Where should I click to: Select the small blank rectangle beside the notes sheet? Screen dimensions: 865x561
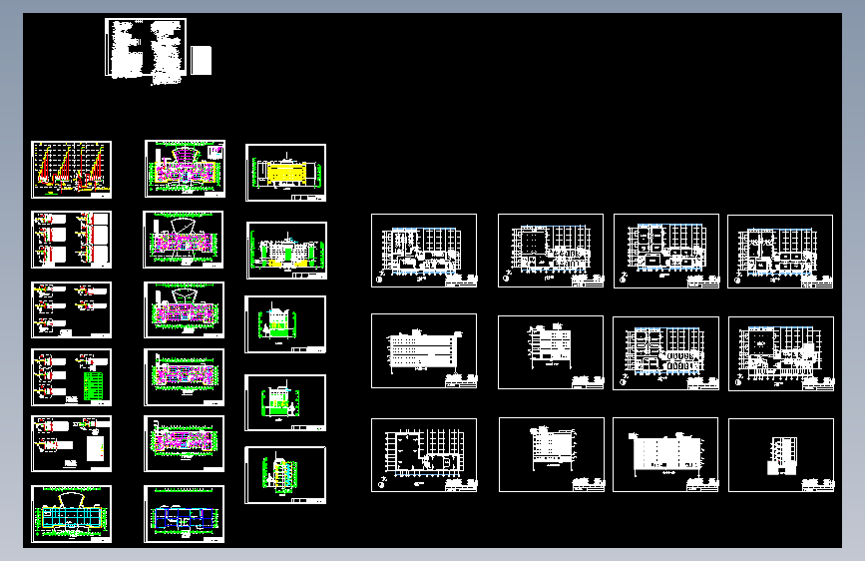[203, 60]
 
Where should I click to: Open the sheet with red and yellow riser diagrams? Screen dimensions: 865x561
[71, 169]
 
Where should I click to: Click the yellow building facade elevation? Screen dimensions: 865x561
[283, 174]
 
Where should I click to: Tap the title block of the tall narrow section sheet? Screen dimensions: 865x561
[816, 484]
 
